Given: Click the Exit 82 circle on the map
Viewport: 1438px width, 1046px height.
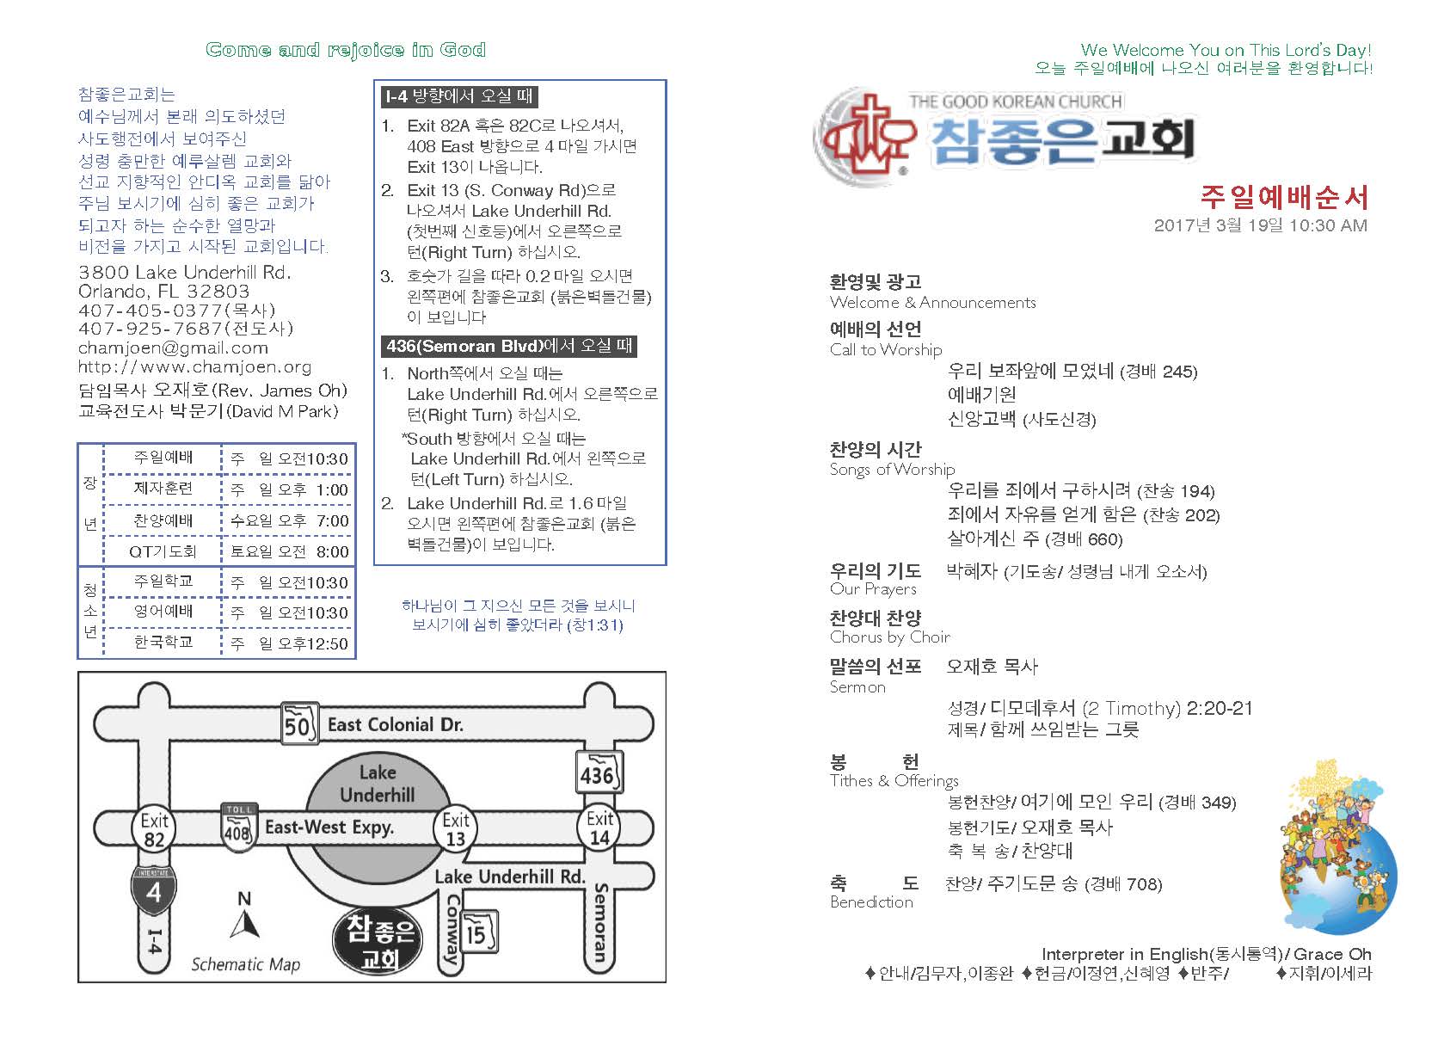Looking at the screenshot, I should coord(155,829).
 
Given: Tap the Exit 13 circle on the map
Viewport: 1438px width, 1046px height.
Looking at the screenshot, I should coord(456,829).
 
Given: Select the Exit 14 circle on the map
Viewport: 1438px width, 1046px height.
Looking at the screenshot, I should coord(599,828).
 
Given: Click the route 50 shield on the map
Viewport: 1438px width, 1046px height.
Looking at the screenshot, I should coord(298,724).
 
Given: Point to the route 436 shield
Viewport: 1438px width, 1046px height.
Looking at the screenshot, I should coord(597,773).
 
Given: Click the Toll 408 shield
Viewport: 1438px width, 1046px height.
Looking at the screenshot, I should coord(237,827).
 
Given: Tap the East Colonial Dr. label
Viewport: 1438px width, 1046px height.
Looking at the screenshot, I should coord(395,725).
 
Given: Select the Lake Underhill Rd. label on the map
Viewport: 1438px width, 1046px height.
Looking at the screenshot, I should coord(509,877).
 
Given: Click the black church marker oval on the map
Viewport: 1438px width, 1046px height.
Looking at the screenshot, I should coord(379,942).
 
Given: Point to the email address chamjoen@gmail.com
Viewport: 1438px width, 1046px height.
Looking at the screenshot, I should coord(173,348).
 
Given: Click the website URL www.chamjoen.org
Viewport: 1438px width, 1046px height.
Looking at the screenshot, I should coord(194,367).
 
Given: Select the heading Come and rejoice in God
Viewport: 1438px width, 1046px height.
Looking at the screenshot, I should coord(346,50).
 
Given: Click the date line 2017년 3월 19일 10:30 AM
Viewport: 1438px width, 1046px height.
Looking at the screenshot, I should coord(1260,225).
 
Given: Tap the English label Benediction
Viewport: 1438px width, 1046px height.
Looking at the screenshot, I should coord(871,902).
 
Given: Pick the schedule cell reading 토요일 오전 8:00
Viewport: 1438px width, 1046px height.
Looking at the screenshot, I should coord(289,551).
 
